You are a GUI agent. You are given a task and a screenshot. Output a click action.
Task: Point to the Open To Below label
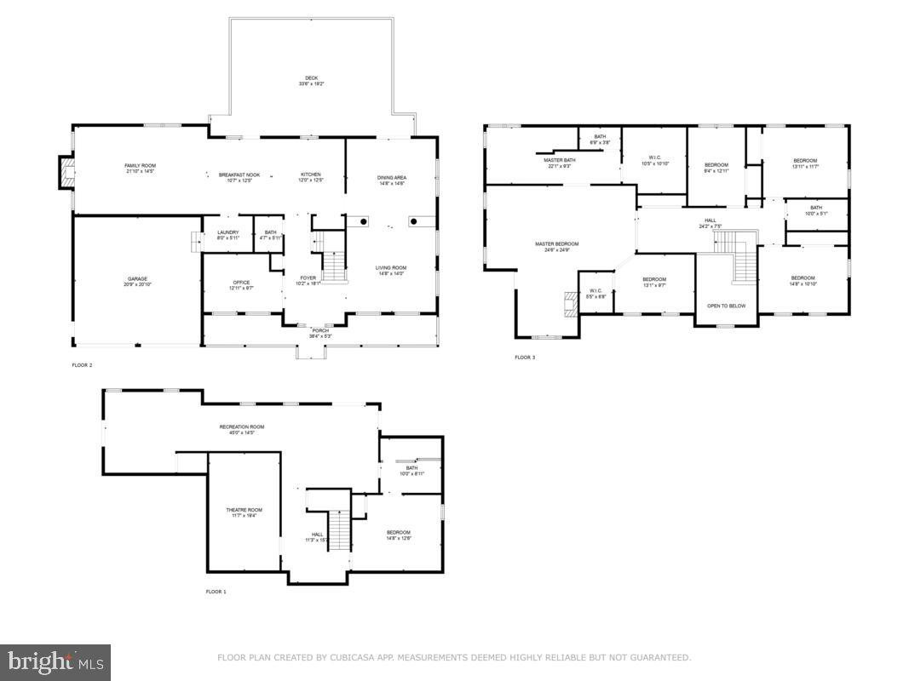pos(726,306)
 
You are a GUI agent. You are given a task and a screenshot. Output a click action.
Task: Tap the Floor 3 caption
pos(525,358)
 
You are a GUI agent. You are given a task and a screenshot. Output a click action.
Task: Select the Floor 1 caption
pos(216,591)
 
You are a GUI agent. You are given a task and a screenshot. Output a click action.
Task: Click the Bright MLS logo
pos(55,661)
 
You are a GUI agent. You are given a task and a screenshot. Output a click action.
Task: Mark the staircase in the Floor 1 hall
pos(340,531)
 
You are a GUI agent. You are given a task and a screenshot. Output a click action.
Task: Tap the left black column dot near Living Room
pos(363,221)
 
